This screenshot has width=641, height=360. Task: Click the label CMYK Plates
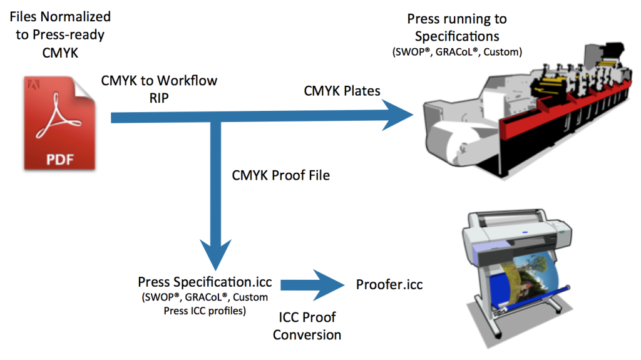pos(342,91)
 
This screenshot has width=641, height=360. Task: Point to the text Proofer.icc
pos(389,285)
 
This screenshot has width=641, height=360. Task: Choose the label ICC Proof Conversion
pos(307,326)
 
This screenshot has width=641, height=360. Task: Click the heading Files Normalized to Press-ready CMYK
pos(60,34)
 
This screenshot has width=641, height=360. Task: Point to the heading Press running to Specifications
pos(457,28)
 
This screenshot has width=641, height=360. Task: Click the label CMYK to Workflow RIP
pos(160,89)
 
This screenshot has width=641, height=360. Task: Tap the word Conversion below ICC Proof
pos(307,335)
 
